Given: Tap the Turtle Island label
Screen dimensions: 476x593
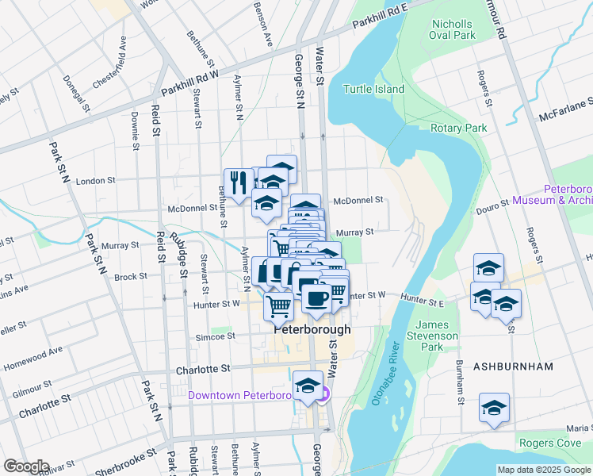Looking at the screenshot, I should pos(373,90).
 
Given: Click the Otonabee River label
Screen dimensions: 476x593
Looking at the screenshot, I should pos(384,374).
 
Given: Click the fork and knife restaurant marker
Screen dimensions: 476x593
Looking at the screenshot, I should pos(239,183).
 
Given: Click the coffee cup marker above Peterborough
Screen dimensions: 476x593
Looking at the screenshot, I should pos(316,298).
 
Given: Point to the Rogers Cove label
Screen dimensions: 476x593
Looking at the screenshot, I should pos(550,443).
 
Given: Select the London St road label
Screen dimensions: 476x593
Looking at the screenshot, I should pos(95,181).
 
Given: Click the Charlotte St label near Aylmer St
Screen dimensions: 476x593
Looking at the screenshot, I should pos(202,369).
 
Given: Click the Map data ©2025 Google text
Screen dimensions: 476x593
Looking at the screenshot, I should pos(544,470).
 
